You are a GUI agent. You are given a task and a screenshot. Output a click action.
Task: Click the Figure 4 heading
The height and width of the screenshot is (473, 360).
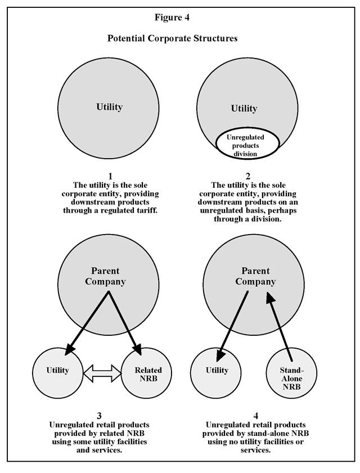tap(172, 17)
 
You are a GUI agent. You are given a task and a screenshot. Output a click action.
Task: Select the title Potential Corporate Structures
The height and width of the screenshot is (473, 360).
tap(172, 39)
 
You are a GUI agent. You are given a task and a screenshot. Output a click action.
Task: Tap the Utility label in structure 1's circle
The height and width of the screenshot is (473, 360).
tap(109, 107)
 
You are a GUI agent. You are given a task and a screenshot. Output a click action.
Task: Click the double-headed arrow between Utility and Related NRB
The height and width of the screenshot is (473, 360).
tap(102, 371)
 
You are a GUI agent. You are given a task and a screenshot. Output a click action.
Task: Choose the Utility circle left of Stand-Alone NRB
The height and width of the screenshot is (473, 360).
tap(217, 371)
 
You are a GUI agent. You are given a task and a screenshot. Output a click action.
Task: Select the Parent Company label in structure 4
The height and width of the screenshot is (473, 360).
tap(255, 276)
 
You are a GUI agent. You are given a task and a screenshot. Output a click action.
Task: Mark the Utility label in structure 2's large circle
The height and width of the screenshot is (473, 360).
tap(244, 109)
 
